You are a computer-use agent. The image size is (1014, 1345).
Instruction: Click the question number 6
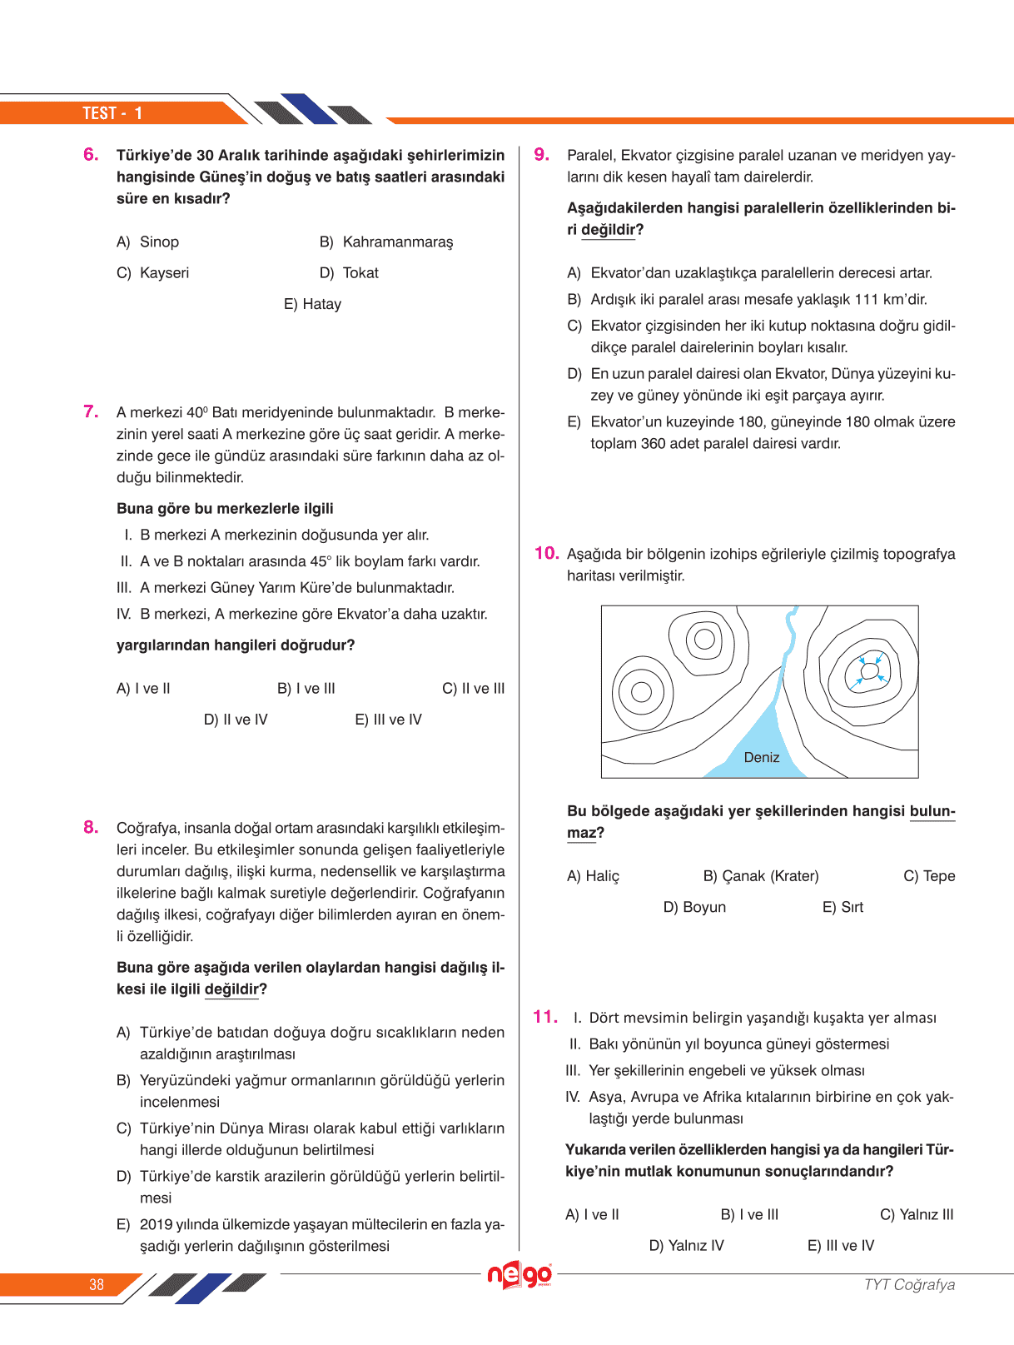(91, 154)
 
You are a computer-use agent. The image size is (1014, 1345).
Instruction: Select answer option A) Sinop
(148, 242)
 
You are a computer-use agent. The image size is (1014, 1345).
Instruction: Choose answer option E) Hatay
(312, 305)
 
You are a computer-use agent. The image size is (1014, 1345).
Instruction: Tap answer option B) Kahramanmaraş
(386, 242)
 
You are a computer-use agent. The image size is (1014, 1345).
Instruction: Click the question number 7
(91, 411)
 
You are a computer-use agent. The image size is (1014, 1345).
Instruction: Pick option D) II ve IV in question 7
(236, 720)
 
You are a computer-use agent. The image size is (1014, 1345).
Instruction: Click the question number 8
(91, 827)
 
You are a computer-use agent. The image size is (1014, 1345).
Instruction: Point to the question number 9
(542, 154)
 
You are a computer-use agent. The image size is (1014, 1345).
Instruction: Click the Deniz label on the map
(762, 757)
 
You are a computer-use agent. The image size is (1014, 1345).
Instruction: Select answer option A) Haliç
(593, 876)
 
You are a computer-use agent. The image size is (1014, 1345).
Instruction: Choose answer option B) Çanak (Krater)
(761, 876)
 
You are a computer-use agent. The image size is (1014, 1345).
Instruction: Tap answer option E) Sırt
(843, 907)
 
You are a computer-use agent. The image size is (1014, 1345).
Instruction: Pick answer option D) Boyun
(694, 907)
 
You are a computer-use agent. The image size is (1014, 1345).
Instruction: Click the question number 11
(545, 1016)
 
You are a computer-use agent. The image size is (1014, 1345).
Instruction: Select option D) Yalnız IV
(686, 1246)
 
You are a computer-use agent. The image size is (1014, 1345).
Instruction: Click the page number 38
(97, 1284)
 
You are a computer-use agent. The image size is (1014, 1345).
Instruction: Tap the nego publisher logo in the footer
(519, 1275)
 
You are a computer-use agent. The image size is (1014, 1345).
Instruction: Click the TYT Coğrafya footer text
(909, 1284)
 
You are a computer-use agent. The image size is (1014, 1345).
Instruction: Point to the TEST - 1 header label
(112, 113)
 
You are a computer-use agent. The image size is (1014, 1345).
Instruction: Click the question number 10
(546, 553)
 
